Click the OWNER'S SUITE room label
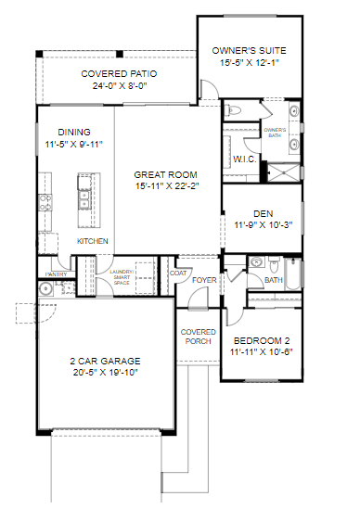[x=249, y=51]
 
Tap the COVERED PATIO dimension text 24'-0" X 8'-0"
[x=120, y=86]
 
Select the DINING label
[x=74, y=133]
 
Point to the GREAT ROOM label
[x=165, y=174]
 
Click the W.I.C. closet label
[x=245, y=159]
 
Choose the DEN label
[x=264, y=213]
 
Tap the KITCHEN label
[x=92, y=241]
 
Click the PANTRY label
[x=56, y=274]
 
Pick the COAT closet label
[x=178, y=274]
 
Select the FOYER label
[x=204, y=280]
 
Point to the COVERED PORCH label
[x=199, y=337]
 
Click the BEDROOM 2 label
[x=262, y=341]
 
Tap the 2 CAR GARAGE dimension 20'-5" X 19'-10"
[x=106, y=373]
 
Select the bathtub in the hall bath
[x=293, y=274]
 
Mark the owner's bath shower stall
[x=283, y=172]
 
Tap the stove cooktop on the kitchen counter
[x=45, y=202]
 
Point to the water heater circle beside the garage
[x=45, y=288]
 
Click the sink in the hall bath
[x=257, y=261]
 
